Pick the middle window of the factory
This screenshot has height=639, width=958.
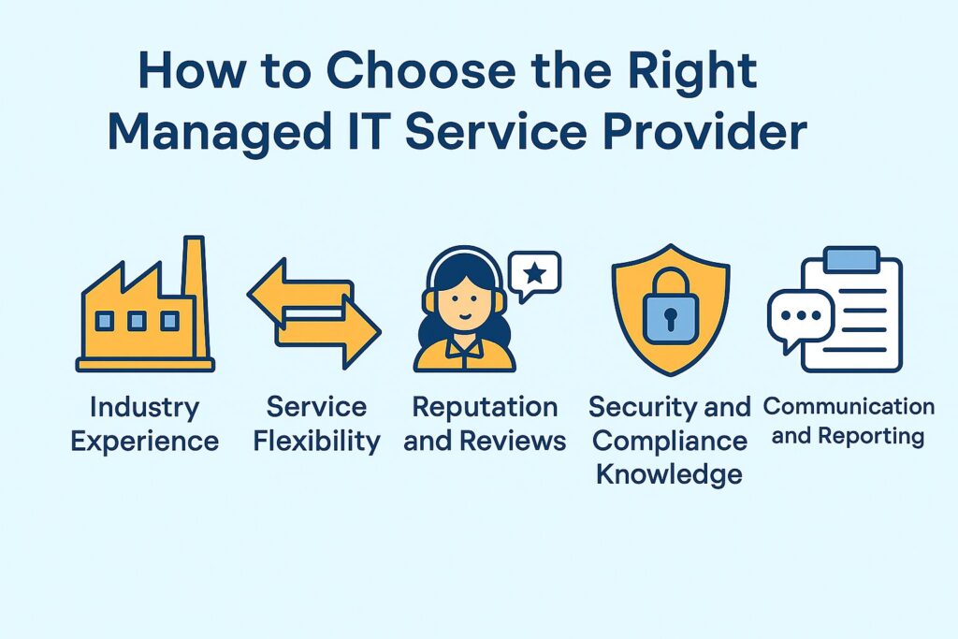point(137,322)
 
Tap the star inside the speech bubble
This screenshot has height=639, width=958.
point(534,273)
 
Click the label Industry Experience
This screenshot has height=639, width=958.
point(145,424)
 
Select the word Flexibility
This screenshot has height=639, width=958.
point(317,440)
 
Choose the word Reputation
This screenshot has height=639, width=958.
point(485,408)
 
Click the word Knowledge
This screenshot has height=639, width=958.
point(669,473)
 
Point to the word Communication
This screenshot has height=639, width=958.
point(849,407)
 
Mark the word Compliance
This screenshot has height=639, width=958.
point(670,440)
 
